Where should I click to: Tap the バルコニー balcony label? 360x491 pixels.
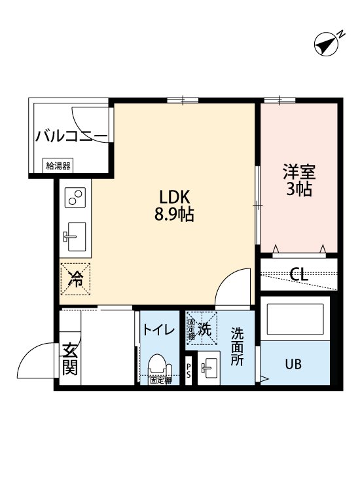[x=71, y=137]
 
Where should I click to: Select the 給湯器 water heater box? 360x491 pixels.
[x=58, y=166]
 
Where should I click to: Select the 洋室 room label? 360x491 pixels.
[x=299, y=172]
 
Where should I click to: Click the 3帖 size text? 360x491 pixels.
[x=299, y=190]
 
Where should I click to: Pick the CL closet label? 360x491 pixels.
[x=299, y=274]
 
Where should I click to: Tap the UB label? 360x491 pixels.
[x=293, y=365]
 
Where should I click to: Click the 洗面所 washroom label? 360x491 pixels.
[x=236, y=346]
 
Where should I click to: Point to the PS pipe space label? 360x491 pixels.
[x=189, y=371]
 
